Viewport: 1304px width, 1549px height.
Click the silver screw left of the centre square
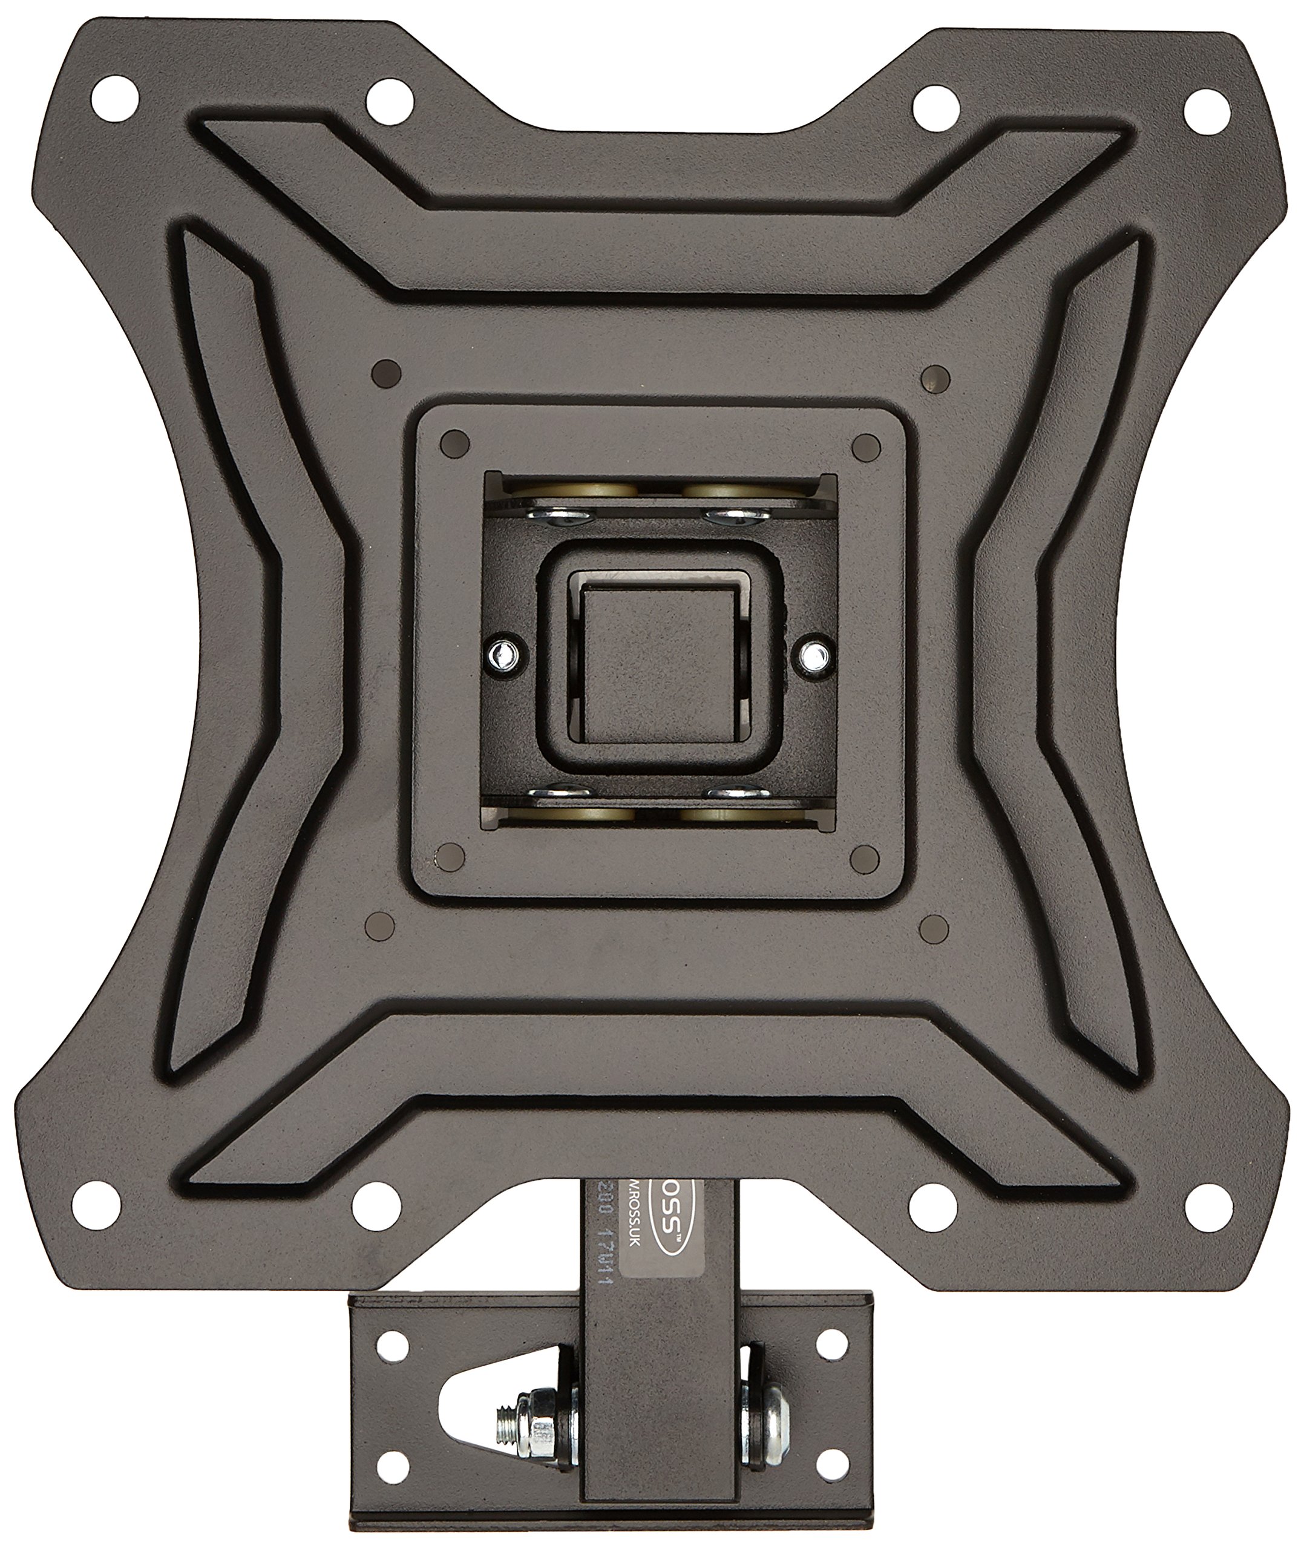505,652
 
